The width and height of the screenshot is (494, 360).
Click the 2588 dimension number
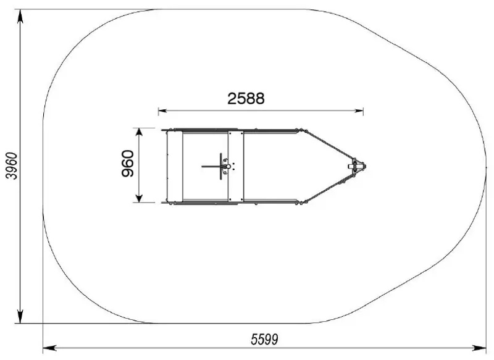coord(246,98)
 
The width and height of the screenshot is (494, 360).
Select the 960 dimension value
coord(128,164)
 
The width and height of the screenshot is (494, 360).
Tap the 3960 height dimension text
coord(12,166)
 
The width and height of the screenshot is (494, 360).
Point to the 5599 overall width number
coord(265,340)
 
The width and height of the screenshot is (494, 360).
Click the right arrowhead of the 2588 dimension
coord(359,111)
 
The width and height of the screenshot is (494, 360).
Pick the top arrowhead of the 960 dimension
coord(139,132)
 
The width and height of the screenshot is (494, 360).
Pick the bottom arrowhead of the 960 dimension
coord(139,198)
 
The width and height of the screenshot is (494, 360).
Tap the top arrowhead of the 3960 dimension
coord(20,16)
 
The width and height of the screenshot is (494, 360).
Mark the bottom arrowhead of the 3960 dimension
coord(20,317)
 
